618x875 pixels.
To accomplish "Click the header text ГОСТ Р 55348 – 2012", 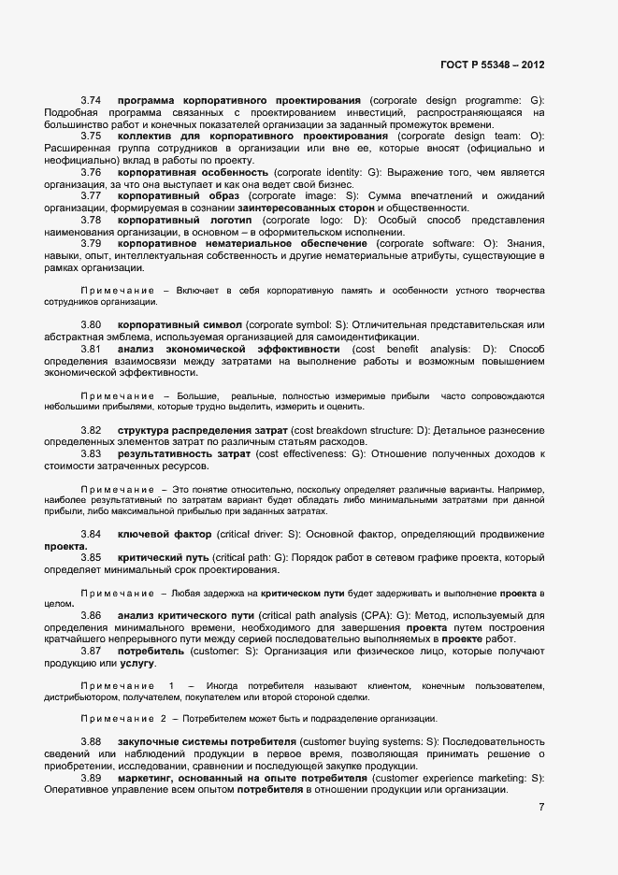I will (492, 65).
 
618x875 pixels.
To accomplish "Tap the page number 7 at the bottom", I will (541, 805).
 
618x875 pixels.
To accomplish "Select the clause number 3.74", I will (91, 100).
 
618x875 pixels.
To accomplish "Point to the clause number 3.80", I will (91, 324).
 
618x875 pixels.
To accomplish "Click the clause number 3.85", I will (91, 558).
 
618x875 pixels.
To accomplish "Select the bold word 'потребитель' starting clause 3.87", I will (149, 650).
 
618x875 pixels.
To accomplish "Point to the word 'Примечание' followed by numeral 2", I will (117, 718).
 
